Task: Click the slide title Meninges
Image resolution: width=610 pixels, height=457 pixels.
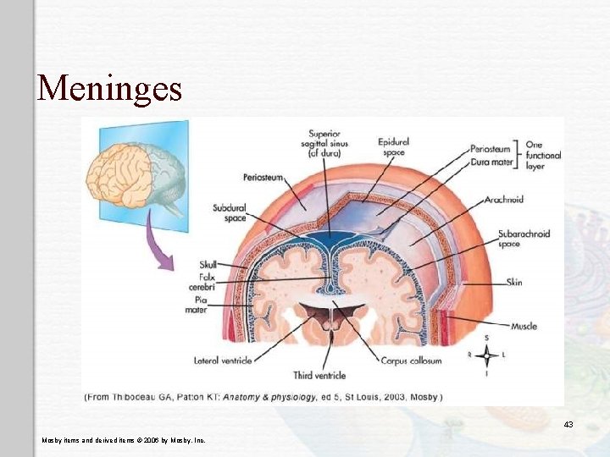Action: click(109, 87)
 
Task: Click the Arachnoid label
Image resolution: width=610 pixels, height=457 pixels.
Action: click(504, 200)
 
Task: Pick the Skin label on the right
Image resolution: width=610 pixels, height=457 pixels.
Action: click(514, 282)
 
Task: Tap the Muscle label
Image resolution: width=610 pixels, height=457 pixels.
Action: click(524, 326)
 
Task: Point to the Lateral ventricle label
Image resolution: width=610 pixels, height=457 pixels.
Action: click(223, 361)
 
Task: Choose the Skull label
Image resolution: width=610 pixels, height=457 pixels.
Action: click(208, 265)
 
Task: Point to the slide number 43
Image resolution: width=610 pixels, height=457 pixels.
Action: click(568, 424)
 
